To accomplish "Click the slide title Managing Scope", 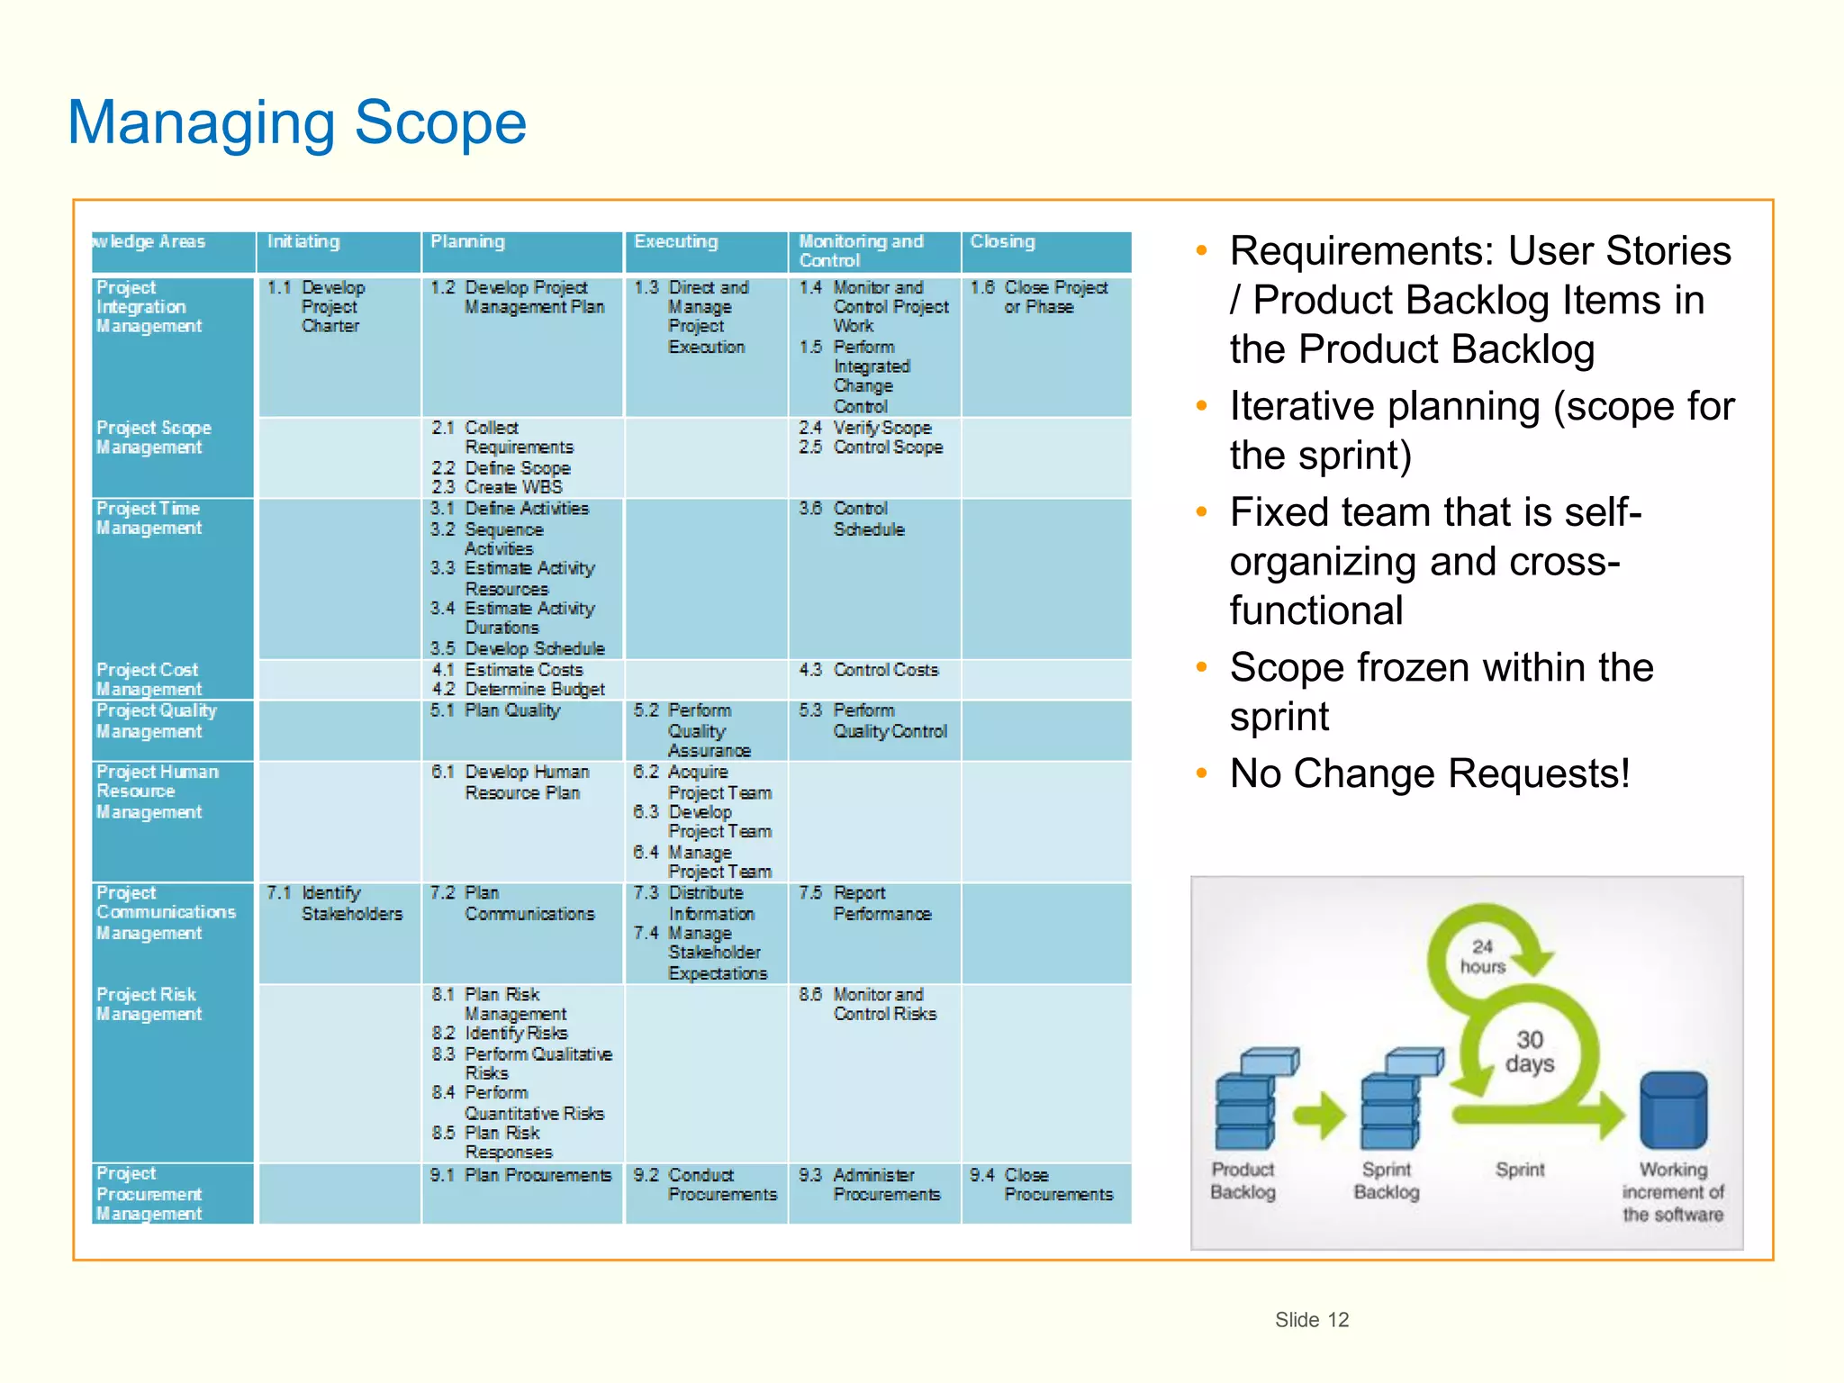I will pyautogui.click(x=296, y=122).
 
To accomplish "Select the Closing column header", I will pyautogui.click(x=1002, y=242).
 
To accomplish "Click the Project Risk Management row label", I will pyautogui.click(x=149, y=1005).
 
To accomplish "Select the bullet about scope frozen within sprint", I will pyautogui.click(x=1441, y=691).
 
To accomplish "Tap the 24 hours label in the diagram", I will pyautogui.click(x=1482, y=957).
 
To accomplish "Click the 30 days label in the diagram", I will pyautogui.click(x=1530, y=1052).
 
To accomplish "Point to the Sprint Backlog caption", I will pyautogui.click(x=1387, y=1181).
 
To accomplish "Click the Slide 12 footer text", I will pyautogui.click(x=1311, y=1320).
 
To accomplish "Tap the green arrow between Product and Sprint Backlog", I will pyautogui.click(x=1320, y=1116).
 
